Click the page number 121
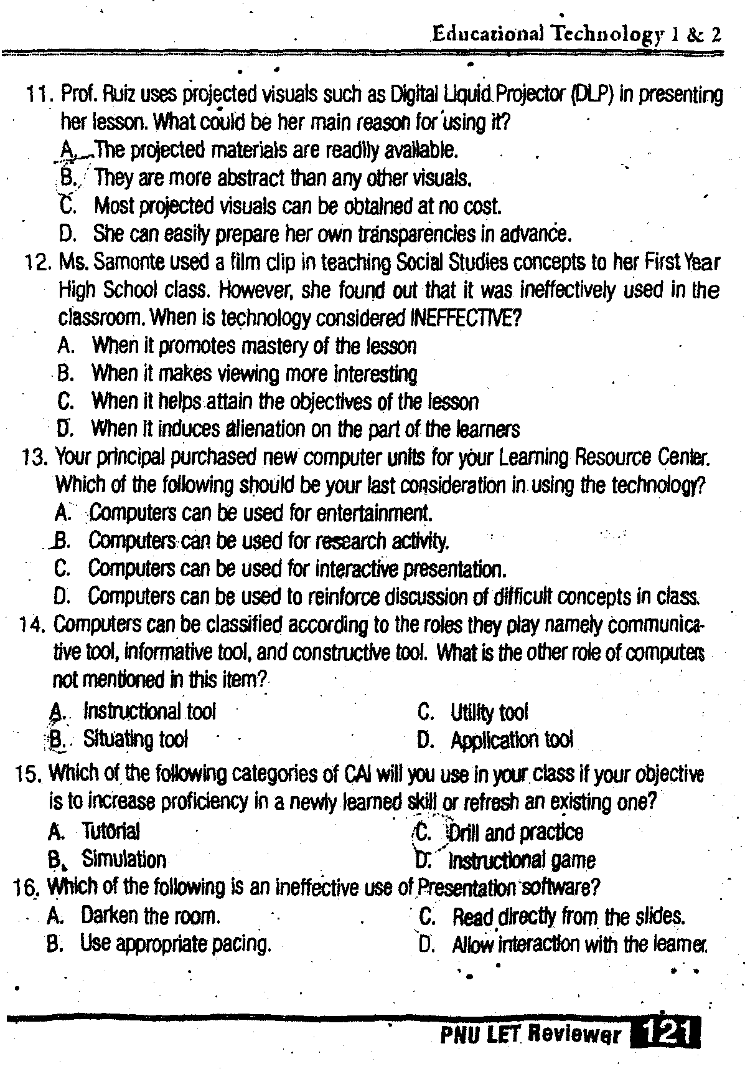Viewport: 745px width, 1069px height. tap(666, 1034)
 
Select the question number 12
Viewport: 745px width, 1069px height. tap(34, 264)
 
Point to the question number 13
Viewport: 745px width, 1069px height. tap(33, 458)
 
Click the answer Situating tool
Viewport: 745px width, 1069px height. tap(135, 739)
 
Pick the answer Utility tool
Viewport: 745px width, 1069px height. tap(489, 712)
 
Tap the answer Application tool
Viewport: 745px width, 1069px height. tap(512, 740)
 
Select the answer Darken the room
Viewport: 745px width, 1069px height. tap(150, 916)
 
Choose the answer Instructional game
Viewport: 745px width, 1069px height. tap(522, 861)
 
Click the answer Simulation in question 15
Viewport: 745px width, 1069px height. tap(124, 860)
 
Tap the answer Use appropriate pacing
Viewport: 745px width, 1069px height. tap(176, 944)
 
